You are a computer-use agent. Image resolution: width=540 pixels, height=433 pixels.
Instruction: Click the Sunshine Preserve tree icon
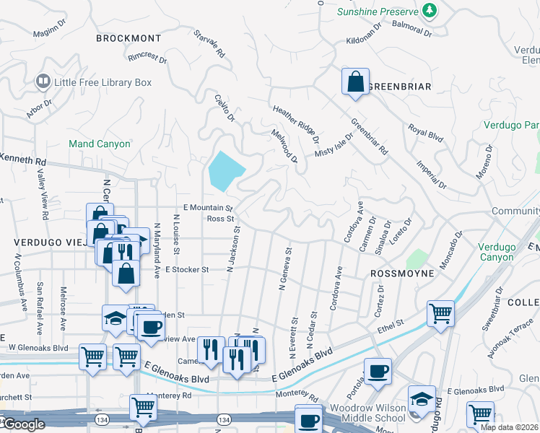pyautogui.click(x=430, y=11)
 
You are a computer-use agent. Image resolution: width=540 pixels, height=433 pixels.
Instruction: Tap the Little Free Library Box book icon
pyautogui.click(x=43, y=82)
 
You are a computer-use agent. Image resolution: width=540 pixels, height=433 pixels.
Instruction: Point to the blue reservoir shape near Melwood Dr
pyautogui.click(x=225, y=172)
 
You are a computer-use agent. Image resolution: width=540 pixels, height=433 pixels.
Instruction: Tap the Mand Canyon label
pyautogui.click(x=99, y=144)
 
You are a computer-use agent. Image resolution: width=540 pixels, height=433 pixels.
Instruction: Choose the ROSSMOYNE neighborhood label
pyautogui.click(x=402, y=274)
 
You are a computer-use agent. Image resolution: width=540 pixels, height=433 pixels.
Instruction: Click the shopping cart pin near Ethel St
pyautogui.click(x=440, y=314)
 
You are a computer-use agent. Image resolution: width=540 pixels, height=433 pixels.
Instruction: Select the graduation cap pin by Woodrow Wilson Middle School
pyautogui.click(x=422, y=399)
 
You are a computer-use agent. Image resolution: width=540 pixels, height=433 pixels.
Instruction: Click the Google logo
pyautogui.click(x=23, y=424)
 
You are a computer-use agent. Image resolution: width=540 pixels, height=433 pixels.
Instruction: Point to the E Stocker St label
pyautogui.click(x=186, y=269)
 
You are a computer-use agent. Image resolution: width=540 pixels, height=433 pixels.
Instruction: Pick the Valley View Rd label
pyautogui.click(x=42, y=196)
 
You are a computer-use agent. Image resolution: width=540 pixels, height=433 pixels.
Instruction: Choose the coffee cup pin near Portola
pyautogui.click(x=378, y=372)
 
